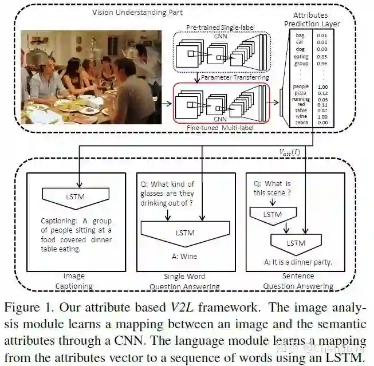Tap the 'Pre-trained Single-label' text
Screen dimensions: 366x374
point(220,27)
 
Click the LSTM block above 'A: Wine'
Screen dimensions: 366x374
point(187,232)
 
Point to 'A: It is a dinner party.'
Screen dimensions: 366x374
point(298,263)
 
